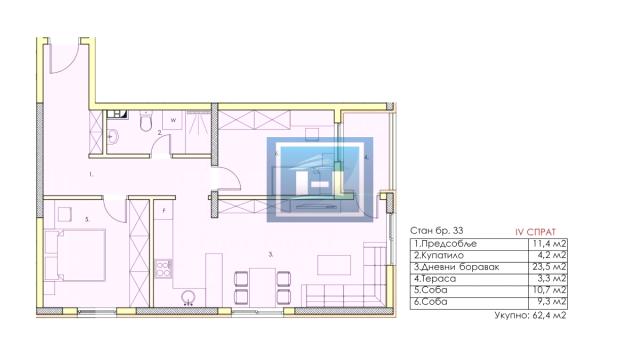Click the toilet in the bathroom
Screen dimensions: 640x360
click(146, 121)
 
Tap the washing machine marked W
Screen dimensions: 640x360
click(173, 120)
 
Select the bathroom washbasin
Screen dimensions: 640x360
click(112, 137)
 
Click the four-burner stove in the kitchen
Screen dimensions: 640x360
click(164, 269)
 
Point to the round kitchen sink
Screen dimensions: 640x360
click(189, 296)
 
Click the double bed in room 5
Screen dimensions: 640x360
click(76, 255)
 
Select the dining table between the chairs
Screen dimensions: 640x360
click(262, 286)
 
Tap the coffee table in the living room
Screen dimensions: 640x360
click(334, 265)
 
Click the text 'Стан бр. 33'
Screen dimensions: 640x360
click(436, 231)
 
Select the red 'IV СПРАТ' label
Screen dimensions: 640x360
click(536, 232)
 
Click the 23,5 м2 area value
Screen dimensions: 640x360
click(548, 267)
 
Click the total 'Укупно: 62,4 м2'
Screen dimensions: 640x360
click(530, 315)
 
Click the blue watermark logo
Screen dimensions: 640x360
click(320, 180)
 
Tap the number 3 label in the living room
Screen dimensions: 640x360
click(271, 255)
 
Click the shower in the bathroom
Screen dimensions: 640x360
click(198, 132)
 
